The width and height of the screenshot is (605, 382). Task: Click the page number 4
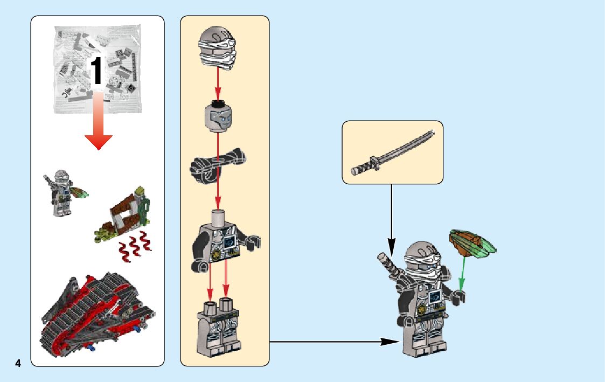coord(18,363)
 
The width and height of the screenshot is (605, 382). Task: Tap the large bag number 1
coord(96,71)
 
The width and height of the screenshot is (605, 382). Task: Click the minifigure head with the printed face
coord(218,116)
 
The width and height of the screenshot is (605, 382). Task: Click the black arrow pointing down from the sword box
coord(392,216)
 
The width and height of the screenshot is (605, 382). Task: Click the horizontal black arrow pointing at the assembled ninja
coord(334,341)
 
